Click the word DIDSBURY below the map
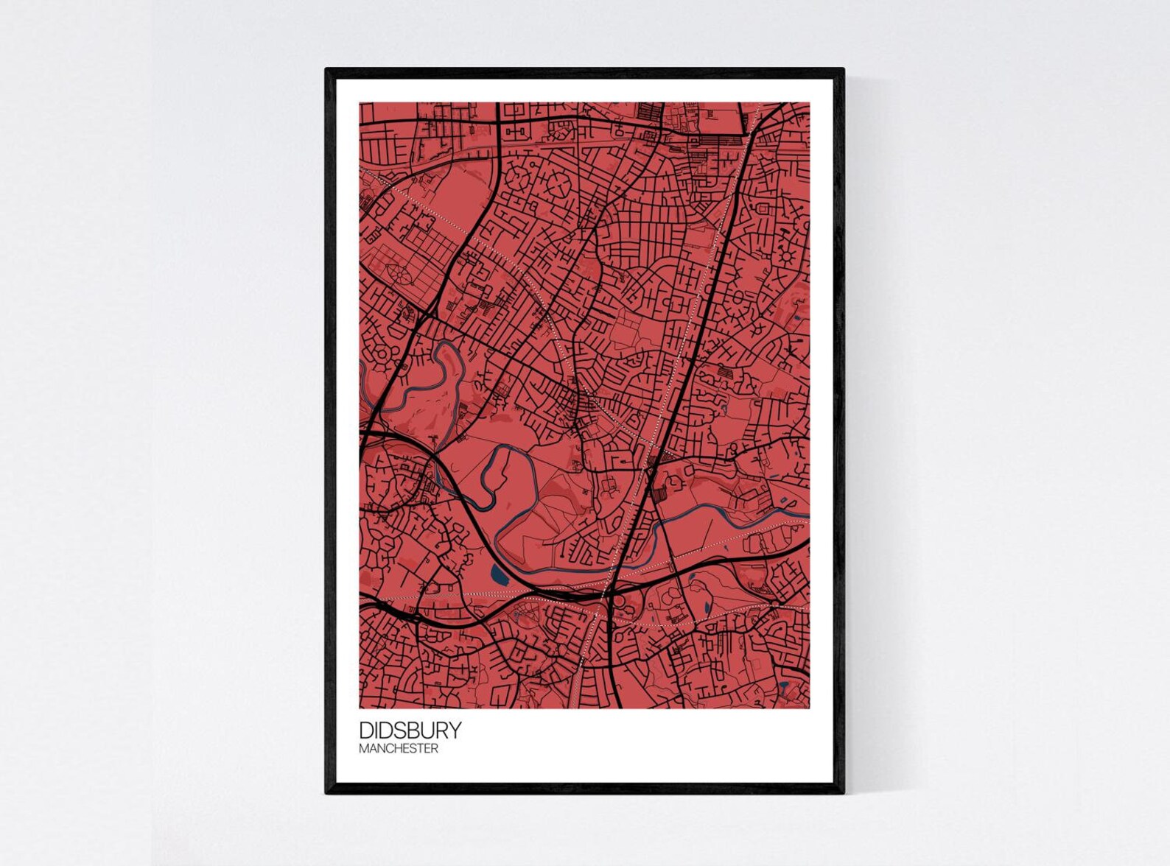click(410, 730)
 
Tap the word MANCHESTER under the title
click(399, 749)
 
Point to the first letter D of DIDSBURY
click(365, 730)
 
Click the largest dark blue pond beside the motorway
click(499, 574)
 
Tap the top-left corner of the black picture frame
click(326, 70)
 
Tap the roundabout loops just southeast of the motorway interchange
click(625, 605)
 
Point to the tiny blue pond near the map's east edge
click(799, 318)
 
